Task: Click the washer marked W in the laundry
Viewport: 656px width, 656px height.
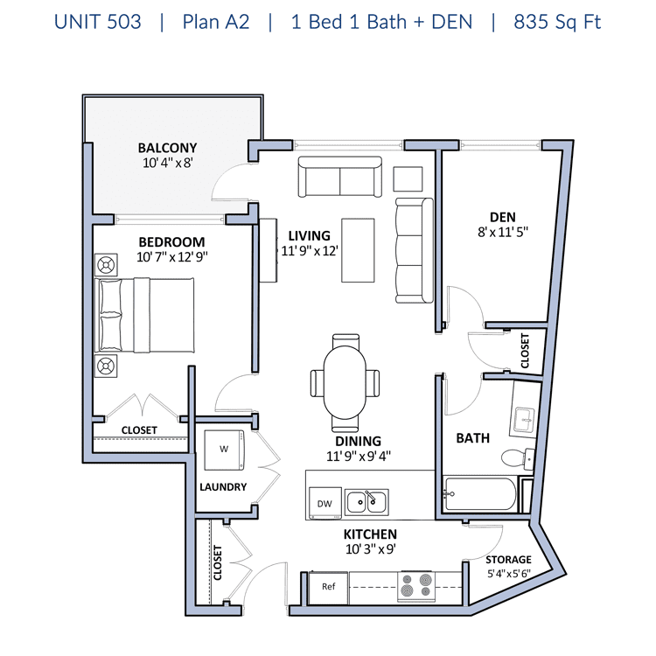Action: (x=224, y=450)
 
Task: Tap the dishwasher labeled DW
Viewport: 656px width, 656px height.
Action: (x=325, y=503)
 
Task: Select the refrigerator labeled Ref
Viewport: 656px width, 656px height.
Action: (x=328, y=588)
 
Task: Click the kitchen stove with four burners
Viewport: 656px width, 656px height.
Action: (x=416, y=585)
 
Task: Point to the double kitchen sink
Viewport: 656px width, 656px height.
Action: (x=366, y=502)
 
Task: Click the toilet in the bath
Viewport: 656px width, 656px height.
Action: (x=518, y=459)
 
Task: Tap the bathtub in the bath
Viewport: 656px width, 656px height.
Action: (x=480, y=493)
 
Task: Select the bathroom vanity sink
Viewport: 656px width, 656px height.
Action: (x=524, y=420)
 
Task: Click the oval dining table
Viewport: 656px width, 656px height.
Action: (x=345, y=382)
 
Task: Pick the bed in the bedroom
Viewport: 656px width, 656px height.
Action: (x=144, y=315)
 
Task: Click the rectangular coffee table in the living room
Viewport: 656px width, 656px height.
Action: (x=358, y=250)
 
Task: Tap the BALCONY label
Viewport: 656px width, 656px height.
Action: (x=167, y=148)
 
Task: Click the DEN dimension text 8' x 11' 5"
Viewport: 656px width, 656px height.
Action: (x=503, y=232)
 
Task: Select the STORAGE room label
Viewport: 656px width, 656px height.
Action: (x=508, y=560)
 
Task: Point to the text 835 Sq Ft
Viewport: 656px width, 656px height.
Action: (x=557, y=22)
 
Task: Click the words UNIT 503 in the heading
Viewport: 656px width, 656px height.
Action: (x=98, y=22)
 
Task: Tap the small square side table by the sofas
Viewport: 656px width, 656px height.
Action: (x=408, y=178)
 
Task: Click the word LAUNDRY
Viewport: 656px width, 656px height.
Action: (x=223, y=487)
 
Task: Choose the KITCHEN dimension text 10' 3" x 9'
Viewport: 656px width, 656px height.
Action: (x=370, y=549)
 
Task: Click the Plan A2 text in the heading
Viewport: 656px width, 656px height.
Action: (x=216, y=22)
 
